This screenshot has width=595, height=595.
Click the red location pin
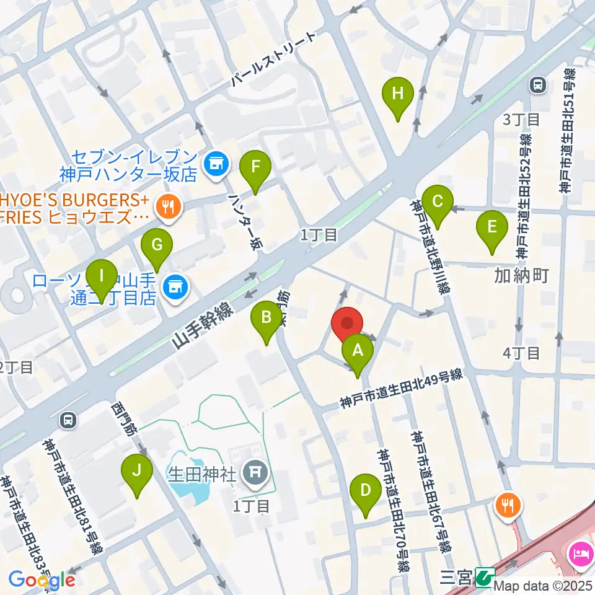(347, 325)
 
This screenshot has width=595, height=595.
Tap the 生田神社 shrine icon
(255, 474)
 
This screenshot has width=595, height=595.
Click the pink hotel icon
(582, 551)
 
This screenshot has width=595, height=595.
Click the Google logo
(41, 580)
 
